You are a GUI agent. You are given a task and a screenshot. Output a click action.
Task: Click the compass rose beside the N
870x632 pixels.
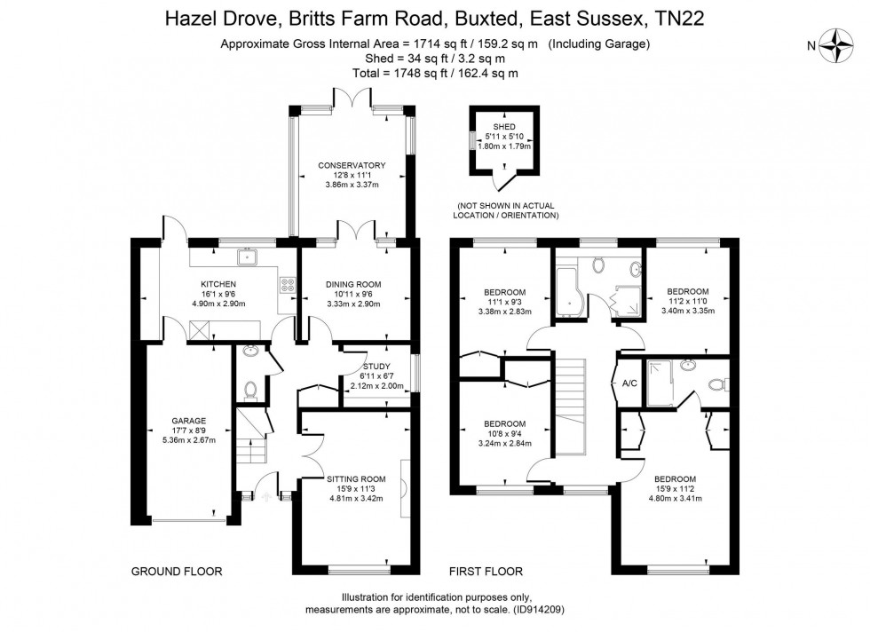[x=836, y=45]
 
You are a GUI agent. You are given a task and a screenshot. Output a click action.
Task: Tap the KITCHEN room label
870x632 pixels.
[x=218, y=284]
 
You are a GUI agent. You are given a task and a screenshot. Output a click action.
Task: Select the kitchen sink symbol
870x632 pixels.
[x=245, y=257]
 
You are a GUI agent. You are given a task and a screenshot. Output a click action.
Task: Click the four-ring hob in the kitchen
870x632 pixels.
[x=288, y=285]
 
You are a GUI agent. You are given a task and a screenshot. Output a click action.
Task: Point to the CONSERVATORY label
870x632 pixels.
[x=352, y=165]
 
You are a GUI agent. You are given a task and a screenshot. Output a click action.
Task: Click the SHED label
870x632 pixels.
[x=504, y=127]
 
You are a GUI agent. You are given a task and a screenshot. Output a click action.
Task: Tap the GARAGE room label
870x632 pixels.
[x=188, y=421]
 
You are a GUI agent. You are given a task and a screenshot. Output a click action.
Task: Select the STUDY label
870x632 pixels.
[x=376, y=367]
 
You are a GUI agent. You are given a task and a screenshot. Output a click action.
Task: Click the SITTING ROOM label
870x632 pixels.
[x=356, y=478]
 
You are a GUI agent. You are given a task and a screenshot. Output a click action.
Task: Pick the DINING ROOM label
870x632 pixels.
[x=353, y=284]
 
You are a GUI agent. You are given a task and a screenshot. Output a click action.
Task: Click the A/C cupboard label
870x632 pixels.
[x=629, y=383]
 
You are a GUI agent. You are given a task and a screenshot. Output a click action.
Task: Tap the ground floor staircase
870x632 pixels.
[x=252, y=436]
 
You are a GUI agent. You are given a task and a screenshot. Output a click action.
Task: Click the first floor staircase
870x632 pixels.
[x=571, y=407]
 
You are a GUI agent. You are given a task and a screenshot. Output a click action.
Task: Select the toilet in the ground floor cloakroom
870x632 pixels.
[x=250, y=390]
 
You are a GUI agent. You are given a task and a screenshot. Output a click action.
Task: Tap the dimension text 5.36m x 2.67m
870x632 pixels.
[x=188, y=440]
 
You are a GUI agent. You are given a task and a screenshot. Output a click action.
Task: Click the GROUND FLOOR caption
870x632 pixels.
[x=177, y=572]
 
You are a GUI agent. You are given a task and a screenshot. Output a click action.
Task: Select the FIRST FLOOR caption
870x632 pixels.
[x=486, y=572]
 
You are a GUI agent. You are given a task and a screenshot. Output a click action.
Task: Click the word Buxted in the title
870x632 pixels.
[x=488, y=19]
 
